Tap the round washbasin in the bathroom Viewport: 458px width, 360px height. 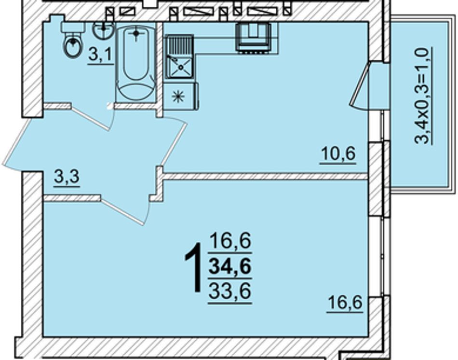tap(104, 30)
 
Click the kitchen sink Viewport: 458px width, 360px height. tap(179, 57)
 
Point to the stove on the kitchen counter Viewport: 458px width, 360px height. tap(253, 38)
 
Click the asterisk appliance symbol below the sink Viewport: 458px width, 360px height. tap(178, 96)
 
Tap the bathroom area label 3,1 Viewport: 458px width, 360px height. tap(100, 55)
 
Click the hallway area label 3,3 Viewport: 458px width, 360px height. tap(67, 178)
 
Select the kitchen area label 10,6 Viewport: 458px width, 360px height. tap(338, 154)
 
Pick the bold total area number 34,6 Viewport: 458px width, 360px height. tap(230, 267)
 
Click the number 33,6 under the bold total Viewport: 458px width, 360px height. tap(230, 291)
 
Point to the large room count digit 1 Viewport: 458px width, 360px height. tap(194, 267)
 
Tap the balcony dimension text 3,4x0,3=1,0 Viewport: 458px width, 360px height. tap(423, 96)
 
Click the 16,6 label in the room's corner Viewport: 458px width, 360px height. tap(345, 303)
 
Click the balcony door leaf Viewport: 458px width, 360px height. tap(359, 83)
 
